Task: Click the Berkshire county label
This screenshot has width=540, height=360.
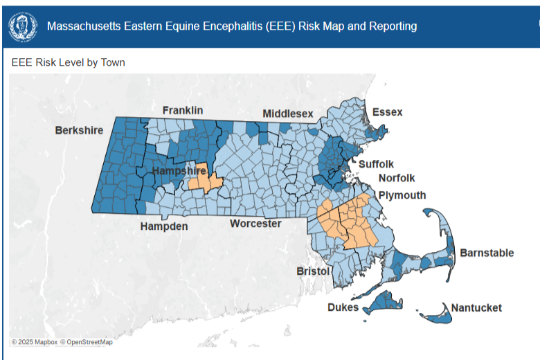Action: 79,130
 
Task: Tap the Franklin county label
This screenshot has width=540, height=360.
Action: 182,110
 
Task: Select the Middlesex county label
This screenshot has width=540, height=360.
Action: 287,114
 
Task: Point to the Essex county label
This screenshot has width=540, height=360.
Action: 387,112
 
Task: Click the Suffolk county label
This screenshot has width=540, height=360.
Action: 376,164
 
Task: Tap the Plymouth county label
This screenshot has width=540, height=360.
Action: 402,195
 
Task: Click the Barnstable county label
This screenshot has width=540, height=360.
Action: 487,253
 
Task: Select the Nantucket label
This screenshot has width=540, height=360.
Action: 476,307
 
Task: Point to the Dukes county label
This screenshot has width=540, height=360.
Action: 343,307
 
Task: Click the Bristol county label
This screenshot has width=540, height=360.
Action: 313,271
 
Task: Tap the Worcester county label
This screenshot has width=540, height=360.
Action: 255,224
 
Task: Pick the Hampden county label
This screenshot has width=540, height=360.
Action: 164,226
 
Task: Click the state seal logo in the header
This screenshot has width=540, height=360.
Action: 23,26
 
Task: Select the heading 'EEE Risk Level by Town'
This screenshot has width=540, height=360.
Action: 68,62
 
